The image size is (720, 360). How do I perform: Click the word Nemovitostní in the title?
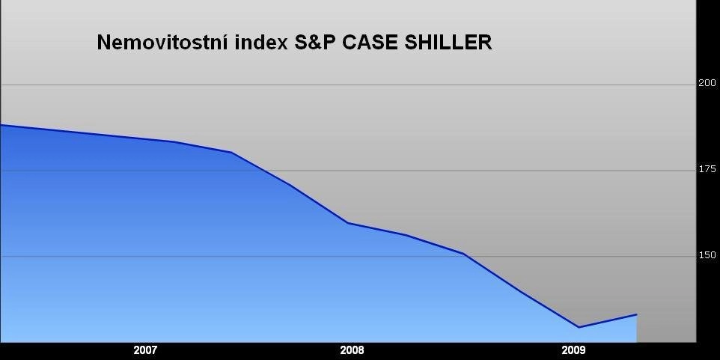(162, 42)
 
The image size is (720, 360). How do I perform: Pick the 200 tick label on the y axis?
(707, 83)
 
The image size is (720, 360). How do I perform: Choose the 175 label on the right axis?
(707, 169)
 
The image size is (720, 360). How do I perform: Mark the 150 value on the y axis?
(707, 255)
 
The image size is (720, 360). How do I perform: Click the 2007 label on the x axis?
(145, 351)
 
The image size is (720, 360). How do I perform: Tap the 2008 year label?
(352, 351)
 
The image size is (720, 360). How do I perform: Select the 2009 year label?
(573, 351)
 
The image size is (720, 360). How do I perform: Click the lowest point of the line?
(579, 327)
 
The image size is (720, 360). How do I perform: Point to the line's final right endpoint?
(637, 314)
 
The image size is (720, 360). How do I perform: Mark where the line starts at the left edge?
(1, 125)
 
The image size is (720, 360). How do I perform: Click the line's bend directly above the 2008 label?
(348, 223)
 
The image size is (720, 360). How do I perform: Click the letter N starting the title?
(104, 43)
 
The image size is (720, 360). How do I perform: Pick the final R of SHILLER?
(485, 43)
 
